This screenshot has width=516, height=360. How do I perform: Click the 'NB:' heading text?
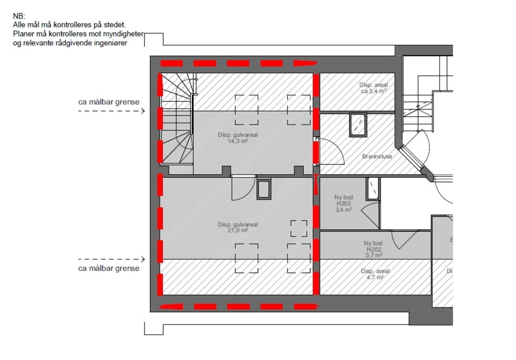pos(19,16)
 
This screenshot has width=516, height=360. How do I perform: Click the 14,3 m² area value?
pos(238,141)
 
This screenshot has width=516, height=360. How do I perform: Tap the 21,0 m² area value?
pos(238,230)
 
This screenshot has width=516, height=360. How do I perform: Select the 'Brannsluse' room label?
pos(377,156)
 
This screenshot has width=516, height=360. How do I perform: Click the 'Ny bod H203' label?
pos(343,200)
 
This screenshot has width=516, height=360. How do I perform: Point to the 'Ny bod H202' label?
pos(373,246)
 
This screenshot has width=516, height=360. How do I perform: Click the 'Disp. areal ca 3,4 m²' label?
pos(373,88)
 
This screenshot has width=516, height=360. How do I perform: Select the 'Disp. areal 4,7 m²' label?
pos(375,274)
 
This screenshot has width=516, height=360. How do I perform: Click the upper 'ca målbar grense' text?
pos(109,102)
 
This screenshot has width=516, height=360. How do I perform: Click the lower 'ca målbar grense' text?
pos(109,268)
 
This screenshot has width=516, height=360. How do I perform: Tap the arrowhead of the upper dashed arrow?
pos(143,111)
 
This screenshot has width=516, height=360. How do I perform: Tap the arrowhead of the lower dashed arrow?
pos(143,259)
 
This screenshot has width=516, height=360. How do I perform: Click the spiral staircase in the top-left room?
pos(177,119)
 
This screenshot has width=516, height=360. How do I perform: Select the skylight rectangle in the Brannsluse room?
pos(358,125)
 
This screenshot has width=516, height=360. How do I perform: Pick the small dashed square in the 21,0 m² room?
pos(299,228)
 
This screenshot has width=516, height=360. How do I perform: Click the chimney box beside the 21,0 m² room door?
pos(264,189)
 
